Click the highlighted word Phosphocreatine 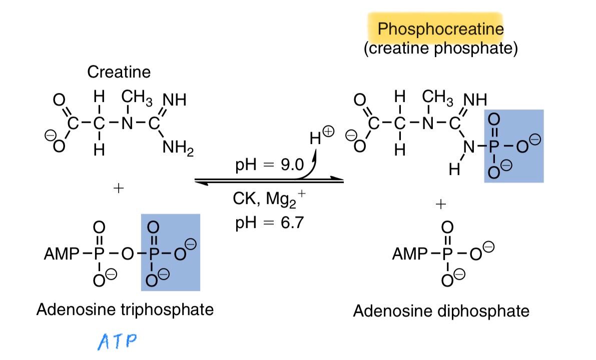[440, 29]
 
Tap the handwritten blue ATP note [117, 341]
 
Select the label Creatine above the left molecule [119, 72]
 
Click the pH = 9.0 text [270, 164]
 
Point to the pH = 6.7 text [270, 222]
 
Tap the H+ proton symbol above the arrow [322, 136]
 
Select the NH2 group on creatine [178, 147]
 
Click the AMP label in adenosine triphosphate [62, 253]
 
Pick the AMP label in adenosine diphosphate [410, 253]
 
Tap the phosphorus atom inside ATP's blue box [153, 254]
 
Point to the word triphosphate [167, 310]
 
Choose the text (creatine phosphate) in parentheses [441, 48]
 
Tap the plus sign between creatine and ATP [119, 188]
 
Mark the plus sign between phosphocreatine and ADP [440, 204]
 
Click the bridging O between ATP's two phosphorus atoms [127, 254]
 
